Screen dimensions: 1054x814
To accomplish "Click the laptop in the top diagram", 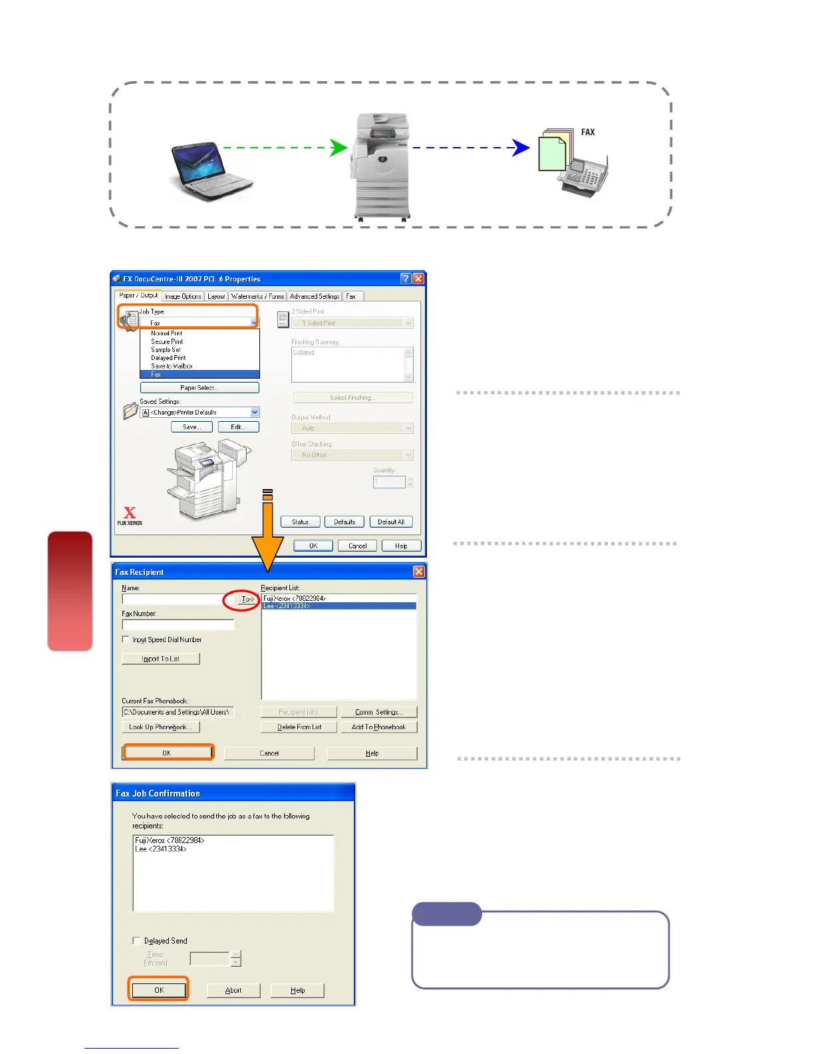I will (210, 170).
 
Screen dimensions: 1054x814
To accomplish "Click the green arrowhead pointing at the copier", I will (339, 148).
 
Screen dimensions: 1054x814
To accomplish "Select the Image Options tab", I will (182, 296).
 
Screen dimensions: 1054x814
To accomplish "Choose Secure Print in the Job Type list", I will (167, 341).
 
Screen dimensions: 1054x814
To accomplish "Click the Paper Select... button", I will (200, 387).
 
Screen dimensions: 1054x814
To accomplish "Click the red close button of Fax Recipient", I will (419, 572).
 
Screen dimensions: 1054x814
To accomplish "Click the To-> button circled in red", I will (247, 600).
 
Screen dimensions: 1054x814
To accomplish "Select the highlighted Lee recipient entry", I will (339, 606).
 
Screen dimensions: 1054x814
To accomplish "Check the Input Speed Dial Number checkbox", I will (126, 639).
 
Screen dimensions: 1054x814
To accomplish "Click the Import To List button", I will (161, 659).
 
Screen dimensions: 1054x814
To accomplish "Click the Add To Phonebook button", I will (378, 727).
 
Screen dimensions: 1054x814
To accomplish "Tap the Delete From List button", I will (299, 727).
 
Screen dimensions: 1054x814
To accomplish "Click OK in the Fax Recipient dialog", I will (168, 753).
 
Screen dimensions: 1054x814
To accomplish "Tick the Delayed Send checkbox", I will (137, 941).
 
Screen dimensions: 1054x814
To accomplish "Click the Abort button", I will (233, 990).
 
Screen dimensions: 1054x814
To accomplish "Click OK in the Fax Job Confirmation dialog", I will (159, 990).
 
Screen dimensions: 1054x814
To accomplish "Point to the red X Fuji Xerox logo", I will (130, 513).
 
